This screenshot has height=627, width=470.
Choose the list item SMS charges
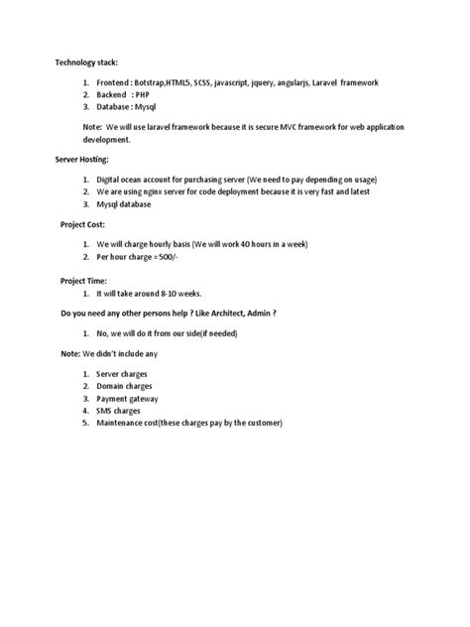click(x=118, y=412)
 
